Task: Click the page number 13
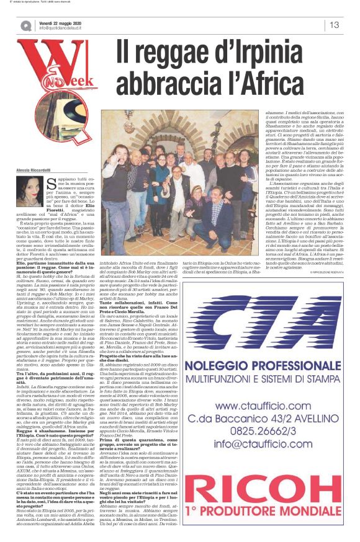coord(335,25)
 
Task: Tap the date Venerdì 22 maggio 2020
coord(61,22)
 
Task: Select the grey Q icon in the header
coord(26,25)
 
